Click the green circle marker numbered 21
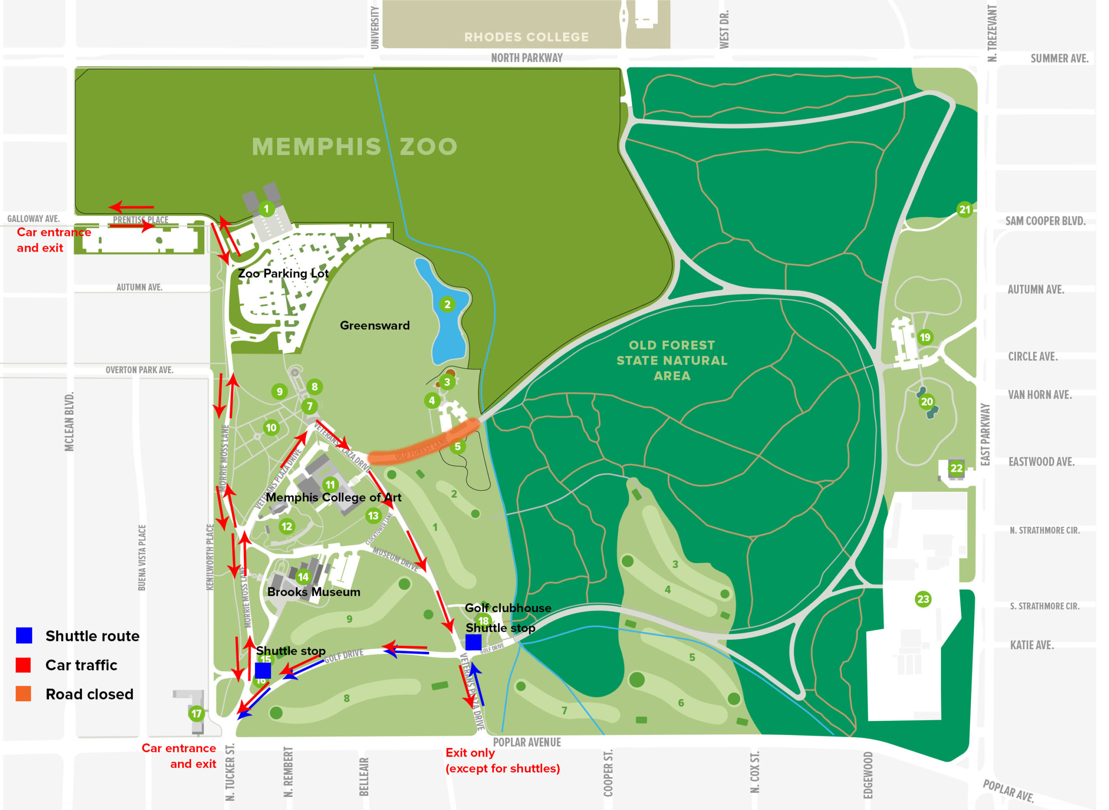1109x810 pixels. [x=964, y=210]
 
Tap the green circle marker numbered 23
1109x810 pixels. [x=923, y=599]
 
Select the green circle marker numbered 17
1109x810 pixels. [x=197, y=713]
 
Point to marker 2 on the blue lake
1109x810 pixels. [x=447, y=305]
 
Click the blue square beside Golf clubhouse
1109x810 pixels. [x=473, y=642]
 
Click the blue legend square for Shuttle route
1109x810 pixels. [x=24, y=635]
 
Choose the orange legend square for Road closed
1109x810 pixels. [x=23, y=694]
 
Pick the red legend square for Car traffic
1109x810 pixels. [x=23, y=665]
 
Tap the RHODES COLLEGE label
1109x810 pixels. [x=526, y=37]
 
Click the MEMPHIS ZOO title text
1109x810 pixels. [x=354, y=146]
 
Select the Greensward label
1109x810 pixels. [x=375, y=326]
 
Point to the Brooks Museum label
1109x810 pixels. [x=314, y=592]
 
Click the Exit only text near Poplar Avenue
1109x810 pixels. [x=470, y=753]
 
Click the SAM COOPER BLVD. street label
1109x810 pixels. [x=1045, y=221]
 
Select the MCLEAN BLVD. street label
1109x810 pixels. [x=70, y=421]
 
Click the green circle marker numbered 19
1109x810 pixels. [x=924, y=337]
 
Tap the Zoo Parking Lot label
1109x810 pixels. [x=283, y=274]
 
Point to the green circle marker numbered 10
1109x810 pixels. [x=271, y=428]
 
